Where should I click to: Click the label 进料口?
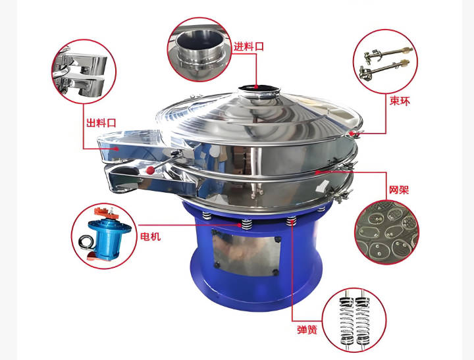[x=248, y=46]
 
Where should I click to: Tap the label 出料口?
[x=101, y=122]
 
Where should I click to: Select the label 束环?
[x=400, y=101]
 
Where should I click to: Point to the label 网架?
[x=399, y=190]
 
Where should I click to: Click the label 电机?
[x=150, y=236]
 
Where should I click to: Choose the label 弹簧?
[x=307, y=329]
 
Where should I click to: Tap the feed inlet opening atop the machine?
[x=258, y=88]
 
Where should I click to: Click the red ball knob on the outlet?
[x=150, y=170]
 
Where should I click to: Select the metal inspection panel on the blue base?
[x=246, y=252]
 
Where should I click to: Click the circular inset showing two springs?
[x=354, y=319]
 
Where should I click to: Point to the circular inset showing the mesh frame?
[x=387, y=232]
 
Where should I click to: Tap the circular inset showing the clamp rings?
[x=385, y=61]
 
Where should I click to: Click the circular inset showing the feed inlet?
[x=199, y=49]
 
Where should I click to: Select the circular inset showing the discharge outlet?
[x=84, y=72]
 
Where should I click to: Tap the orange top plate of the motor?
[x=106, y=213]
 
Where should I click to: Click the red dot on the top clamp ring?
[x=352, y=133]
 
